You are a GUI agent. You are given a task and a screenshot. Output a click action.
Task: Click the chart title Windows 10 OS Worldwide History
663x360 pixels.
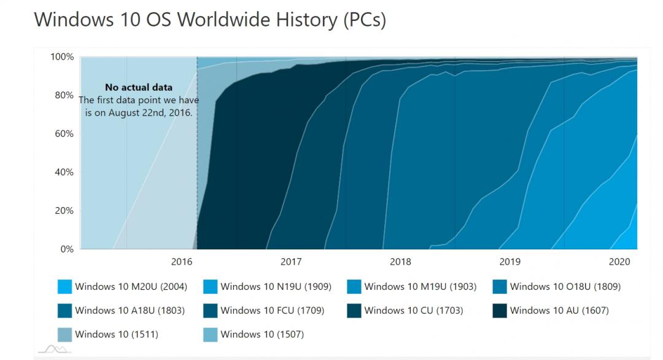210,20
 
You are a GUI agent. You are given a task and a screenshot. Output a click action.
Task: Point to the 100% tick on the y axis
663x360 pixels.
62,57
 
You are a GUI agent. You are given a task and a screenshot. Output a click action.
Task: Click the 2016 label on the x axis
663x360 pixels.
182,262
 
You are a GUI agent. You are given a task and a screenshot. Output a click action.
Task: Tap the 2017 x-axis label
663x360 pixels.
291,262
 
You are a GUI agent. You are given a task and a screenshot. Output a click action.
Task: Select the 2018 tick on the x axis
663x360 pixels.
400,262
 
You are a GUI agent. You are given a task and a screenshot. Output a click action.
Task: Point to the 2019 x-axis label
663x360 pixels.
510,262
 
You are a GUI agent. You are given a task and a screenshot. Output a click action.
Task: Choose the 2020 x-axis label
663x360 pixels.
619,262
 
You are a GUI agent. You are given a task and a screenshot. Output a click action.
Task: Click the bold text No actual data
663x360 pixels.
139,87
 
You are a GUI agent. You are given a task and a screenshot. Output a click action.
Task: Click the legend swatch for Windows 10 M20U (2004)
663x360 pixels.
64,287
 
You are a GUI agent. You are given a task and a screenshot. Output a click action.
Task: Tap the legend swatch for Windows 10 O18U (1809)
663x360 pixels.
500,287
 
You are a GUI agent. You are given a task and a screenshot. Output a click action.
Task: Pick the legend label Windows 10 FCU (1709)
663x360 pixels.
272,310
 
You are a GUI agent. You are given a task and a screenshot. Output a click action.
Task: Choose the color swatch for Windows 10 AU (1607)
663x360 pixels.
500,311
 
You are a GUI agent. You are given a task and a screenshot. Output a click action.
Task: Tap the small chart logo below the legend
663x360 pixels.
53,349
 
